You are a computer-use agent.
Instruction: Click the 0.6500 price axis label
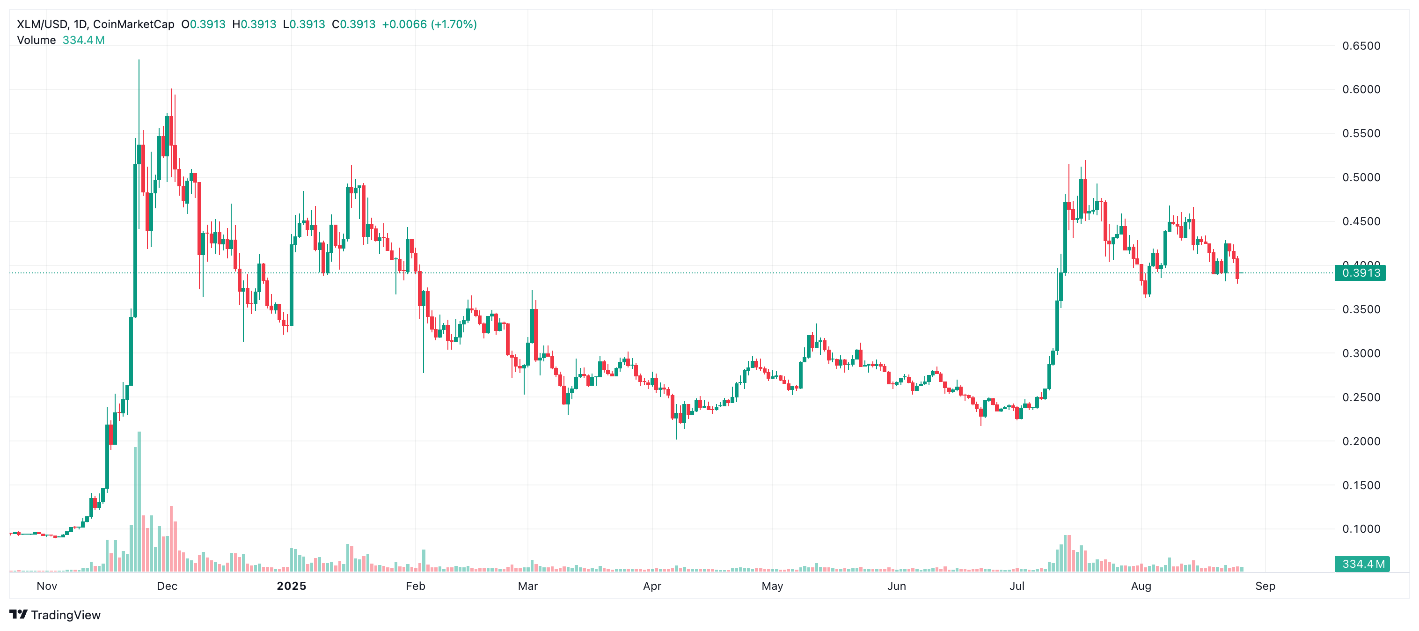click(x=1360, y=46)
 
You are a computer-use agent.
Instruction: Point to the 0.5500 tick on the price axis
click(x=1360, y=133)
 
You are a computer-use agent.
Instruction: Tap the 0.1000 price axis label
click(x=1360, y=529)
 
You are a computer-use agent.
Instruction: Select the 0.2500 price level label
click(x=1360, y=397)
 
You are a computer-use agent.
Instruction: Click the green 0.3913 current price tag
click(x=1360, y=273)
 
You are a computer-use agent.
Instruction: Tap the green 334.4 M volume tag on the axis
click(x=1362, y=564)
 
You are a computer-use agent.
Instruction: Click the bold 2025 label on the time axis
click(x=292, y=586)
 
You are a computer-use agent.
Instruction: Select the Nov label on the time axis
click(x=47, y=586)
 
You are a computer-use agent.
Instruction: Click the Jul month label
click(x=1017, y=586)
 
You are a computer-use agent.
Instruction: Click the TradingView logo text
click(x=66, y=615)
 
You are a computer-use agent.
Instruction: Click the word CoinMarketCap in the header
click(x=133, y=24)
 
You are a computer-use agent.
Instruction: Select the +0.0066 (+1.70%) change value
click(x=429, y=24)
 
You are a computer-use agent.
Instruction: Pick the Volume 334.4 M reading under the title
click(x=60, y=40)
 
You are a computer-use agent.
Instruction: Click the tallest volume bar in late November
click(x=139, y=501)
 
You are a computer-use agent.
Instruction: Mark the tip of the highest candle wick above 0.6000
click(x=139, y=60)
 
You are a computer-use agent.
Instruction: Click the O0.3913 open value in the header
click(x=203, y=24)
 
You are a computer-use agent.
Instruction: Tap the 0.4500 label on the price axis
click(x=1360, y=221)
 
